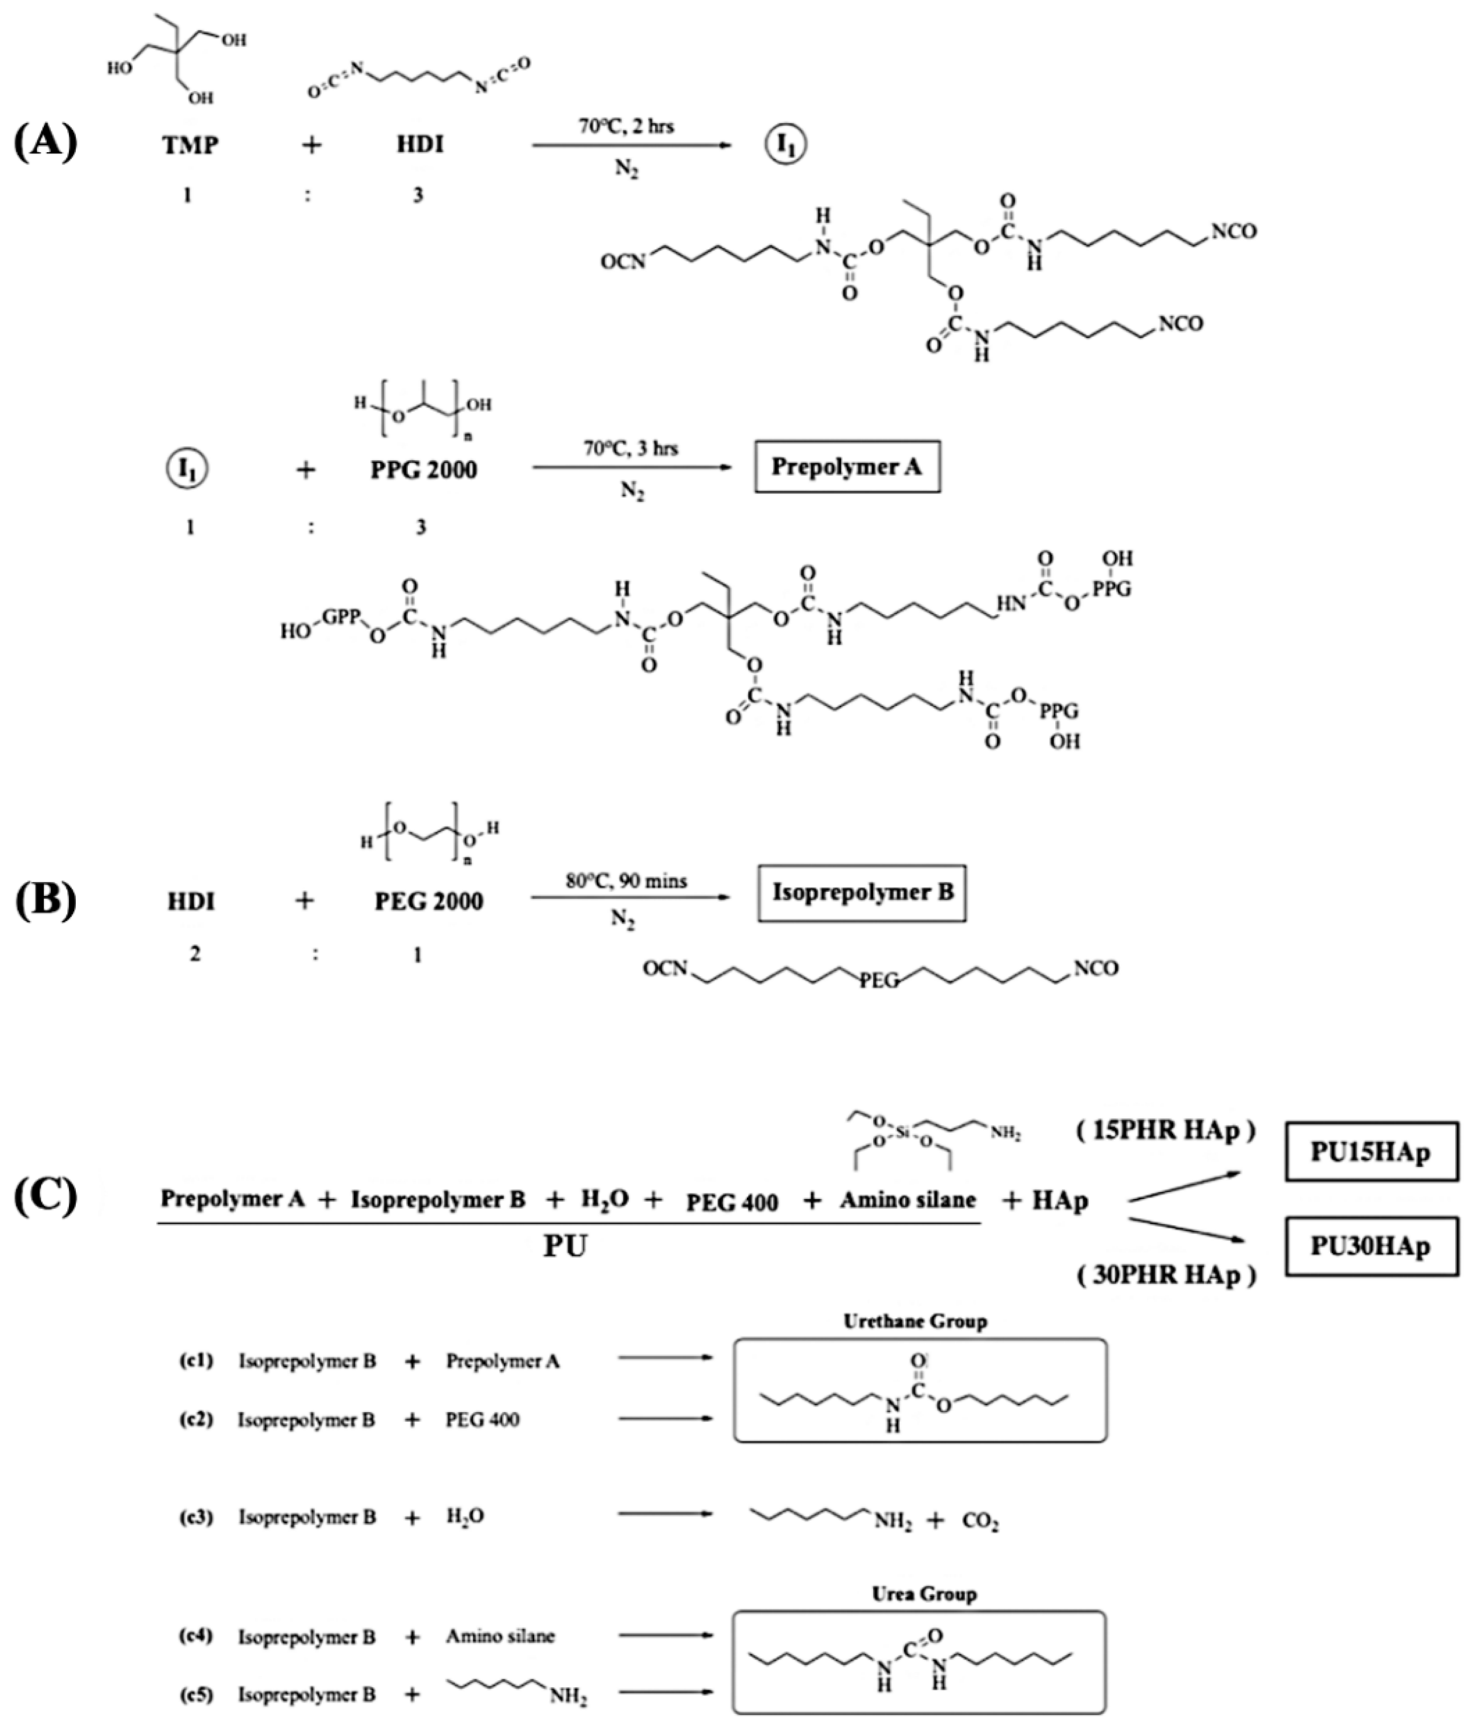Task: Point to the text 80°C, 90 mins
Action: coord(626,881)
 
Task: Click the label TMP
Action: coord(190,145)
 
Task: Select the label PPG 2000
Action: coord(424,470)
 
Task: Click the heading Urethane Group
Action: coord(916,1321)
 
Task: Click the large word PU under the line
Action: coord(566,1246)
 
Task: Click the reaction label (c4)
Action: coord(197,1636)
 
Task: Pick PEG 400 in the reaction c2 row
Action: coord(482,1419)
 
